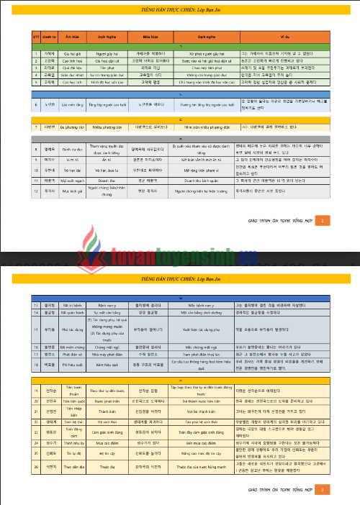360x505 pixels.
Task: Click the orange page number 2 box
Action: [324, 220]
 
